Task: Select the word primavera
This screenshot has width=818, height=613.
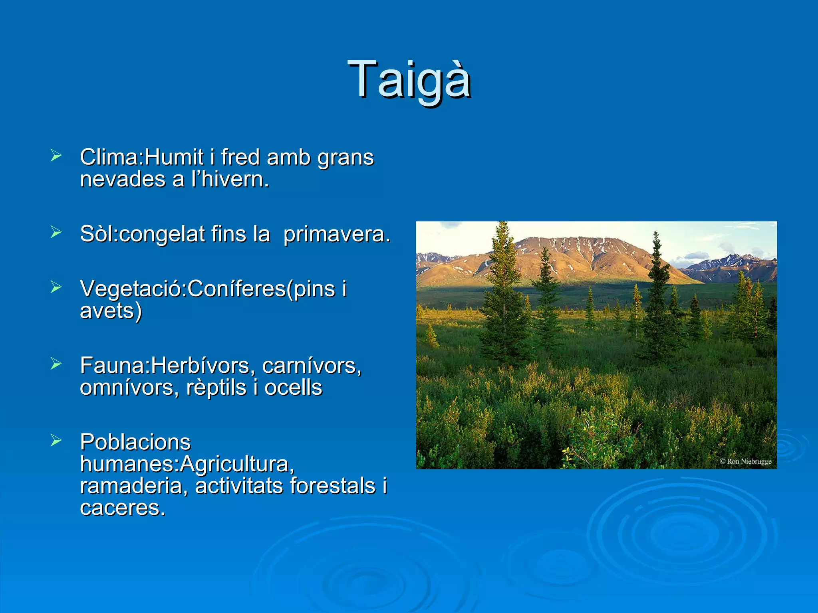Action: (x=336, y=234)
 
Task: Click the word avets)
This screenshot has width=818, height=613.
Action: (x=111, y=311)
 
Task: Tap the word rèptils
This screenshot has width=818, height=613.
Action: (x=216, y=388)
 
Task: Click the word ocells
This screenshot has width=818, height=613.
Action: (x=293, y=388)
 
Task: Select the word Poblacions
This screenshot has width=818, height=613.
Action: (x=135, y=442)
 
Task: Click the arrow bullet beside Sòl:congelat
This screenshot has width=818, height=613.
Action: (x=56, y=231)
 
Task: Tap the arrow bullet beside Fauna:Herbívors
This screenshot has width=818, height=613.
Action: (x=56, y=363)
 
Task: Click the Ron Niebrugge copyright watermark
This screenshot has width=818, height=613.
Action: (x=745, y=461)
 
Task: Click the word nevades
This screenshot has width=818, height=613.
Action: (x=122, y=179)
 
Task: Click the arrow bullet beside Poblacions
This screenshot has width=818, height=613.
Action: (x=56, y=440)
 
